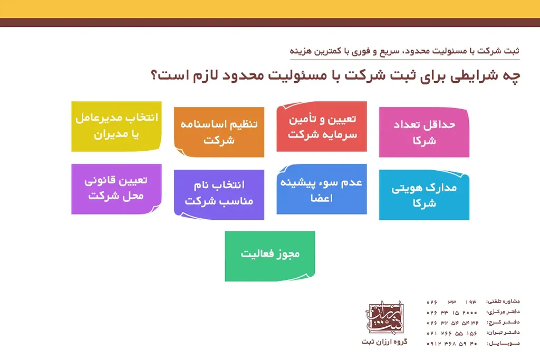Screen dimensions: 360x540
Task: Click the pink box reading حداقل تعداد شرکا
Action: (424, 132)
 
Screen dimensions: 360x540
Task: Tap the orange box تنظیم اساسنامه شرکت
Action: (219, 132)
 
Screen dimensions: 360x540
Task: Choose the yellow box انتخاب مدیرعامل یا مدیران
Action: (116, 127)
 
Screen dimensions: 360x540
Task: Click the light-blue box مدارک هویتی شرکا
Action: (424, 195)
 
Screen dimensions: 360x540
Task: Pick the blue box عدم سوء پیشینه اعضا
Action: (322, 190)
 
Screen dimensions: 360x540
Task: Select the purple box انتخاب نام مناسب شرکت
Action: (219, 193)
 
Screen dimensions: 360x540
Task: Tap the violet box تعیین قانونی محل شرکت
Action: (116, 188)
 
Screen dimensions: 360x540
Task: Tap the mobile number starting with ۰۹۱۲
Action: (452, 343)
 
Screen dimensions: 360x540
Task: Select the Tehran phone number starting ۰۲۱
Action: (452, 333)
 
